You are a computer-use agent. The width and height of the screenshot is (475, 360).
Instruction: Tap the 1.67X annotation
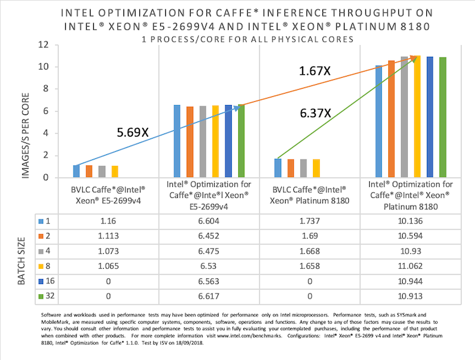(315, 71)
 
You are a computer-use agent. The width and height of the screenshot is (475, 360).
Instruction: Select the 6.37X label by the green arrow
(315, 113)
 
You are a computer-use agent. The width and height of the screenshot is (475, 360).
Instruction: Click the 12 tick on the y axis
(43, 45)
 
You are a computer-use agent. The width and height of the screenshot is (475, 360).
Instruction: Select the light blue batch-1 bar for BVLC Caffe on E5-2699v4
(77, 171)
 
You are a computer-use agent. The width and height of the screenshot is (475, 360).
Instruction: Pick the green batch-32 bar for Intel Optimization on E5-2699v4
(241, 141)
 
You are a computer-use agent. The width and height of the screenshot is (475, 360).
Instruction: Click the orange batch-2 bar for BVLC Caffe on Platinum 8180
(290, 168)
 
